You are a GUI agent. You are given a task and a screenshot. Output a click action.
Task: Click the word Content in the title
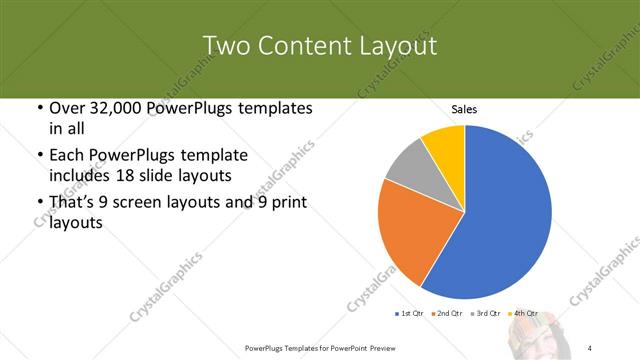tap(299, 46)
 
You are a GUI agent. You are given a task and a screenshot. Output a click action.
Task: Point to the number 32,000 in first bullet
tap(119, 108)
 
